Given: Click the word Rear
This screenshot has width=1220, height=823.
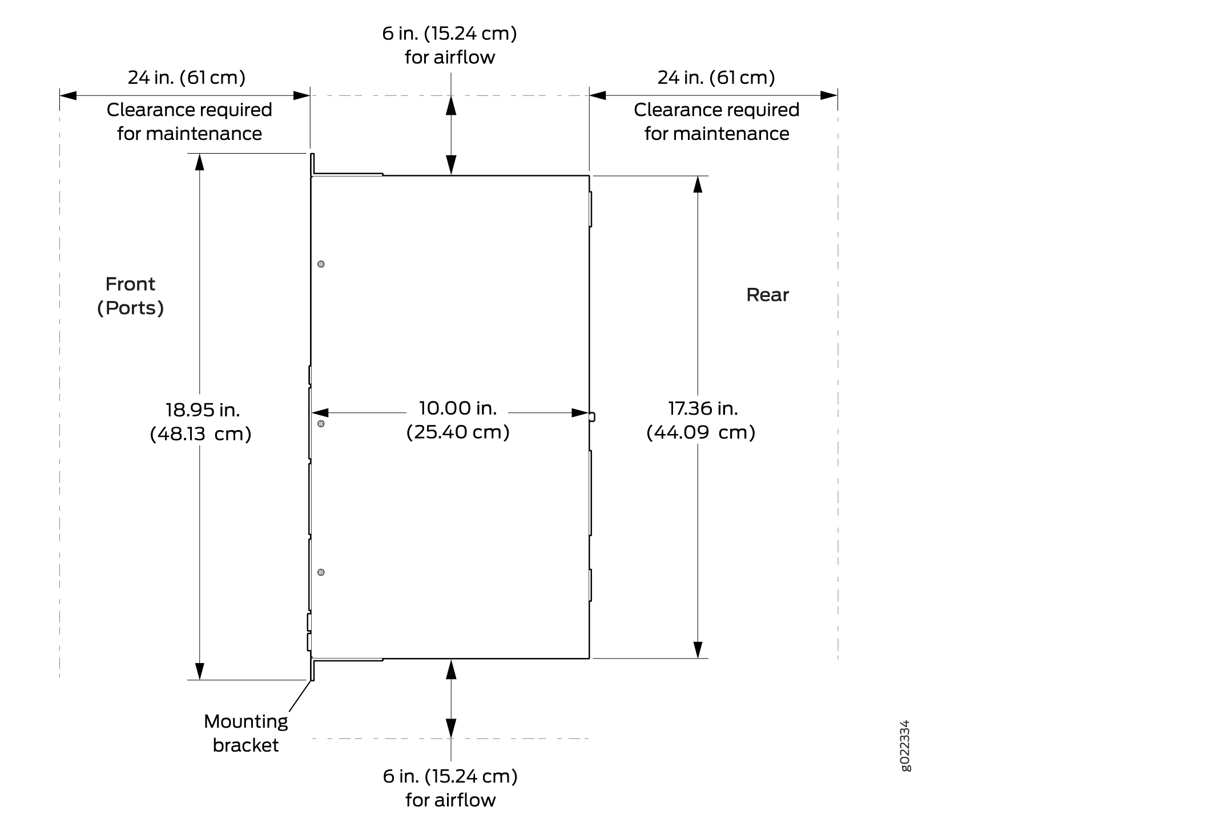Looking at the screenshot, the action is [x=767, y=295].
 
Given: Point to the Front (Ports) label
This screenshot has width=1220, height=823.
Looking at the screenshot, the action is [x=131, y=296].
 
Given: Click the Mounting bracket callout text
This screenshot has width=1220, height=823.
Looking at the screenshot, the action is [x=246, y=733].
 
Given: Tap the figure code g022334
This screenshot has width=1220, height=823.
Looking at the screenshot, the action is [x=905, y=745].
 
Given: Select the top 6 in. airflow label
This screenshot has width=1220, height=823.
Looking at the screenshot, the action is [x=450, y=45].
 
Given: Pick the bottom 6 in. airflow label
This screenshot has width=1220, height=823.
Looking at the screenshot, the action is [x=450, y=788].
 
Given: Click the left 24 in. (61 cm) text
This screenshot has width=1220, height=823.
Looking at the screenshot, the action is [x=187, y=77].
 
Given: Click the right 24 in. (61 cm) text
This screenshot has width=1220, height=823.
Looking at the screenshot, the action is [x=716, y=77].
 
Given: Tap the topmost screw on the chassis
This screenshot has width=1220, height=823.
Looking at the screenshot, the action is [x=321, y=264].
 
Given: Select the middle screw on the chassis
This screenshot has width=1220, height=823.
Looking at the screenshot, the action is [x=321, y=424].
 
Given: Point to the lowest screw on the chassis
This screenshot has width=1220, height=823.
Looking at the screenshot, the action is [x=321, y=572].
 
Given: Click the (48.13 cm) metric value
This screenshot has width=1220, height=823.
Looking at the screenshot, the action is [x=201, y=434].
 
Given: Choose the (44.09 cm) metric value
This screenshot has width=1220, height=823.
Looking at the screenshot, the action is [x=701, y=432].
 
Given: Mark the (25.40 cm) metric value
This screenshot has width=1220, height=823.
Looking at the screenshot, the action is [x=458, y=432].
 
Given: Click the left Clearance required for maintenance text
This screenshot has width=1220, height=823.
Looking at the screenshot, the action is [x=190, y=122].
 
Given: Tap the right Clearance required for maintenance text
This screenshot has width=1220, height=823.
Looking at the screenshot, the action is [x=716, y=122].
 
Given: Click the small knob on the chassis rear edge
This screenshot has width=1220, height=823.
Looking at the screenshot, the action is [x=592, y=417].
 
